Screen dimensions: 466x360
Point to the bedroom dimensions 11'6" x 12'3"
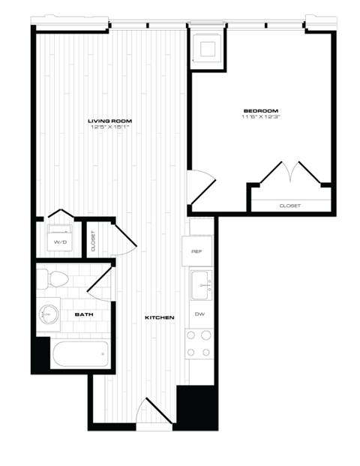(258, 116)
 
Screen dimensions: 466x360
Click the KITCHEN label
(160, 318)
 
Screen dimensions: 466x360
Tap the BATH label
(83, 316)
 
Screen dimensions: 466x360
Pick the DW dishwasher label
(199, 314)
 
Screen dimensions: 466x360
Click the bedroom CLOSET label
(289, 205)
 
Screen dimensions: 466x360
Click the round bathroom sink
(50, 314)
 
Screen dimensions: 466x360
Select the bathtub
(79, 353)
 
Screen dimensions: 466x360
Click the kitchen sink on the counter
(200, 283)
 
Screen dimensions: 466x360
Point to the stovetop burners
(200, 344)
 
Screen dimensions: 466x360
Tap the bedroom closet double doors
(289, 173)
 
